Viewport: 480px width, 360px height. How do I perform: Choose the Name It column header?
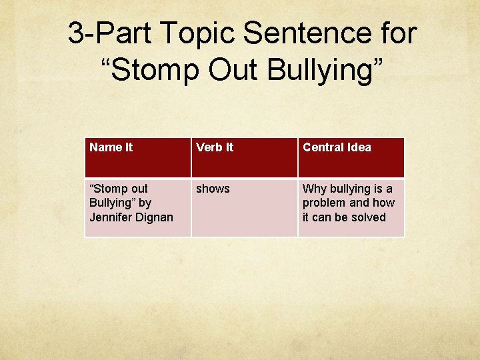111,147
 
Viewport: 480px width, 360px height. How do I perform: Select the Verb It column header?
215,147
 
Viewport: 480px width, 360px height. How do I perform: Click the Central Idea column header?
337,147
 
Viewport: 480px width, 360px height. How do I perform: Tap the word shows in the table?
213,189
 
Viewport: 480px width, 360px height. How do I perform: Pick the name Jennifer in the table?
110,217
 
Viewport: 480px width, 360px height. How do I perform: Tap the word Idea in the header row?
359,147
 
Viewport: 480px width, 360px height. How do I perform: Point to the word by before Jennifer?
145,203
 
